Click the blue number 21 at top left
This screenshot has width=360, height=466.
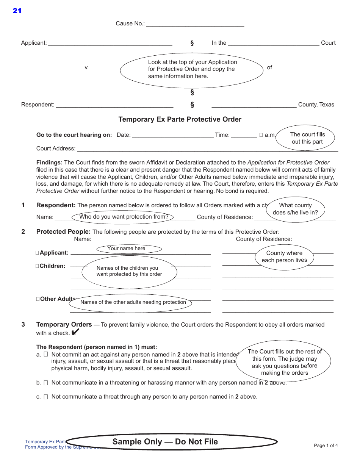click(x=17, y=11)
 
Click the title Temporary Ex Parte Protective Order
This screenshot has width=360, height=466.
click(x=180, y=119)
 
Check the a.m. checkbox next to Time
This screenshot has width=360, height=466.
click(x=261, y=135)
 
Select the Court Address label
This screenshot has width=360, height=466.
click(x=56, y=149)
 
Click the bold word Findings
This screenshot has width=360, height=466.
click(x=49, y=162)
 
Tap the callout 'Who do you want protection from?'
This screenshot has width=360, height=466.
click(x=124, y=217)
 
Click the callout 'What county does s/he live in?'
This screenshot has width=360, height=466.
click(x=295, y=209)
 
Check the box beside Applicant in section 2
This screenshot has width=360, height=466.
click(x=37, y=253)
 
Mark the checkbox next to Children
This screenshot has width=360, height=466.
click(x=37, y=266)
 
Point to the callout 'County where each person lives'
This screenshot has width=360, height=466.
click(x=284, y=256)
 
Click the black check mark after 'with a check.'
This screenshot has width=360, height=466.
click(x=75, y=333)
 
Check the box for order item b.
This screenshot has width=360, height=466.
click(x=46, y=383)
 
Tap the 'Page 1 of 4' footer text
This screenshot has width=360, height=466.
click(x=326, y=446)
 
